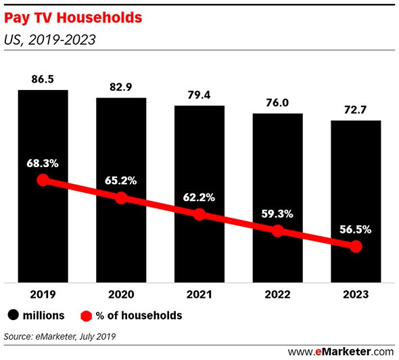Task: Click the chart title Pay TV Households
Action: click(73, 18)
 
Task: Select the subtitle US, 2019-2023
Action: click(50, 40)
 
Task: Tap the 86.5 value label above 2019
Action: click(43, 79)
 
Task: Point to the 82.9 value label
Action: click(121, 87)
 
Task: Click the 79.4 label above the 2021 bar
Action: click(199, 95)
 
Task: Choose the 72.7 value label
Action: click(356, 110)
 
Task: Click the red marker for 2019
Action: click(43, 180)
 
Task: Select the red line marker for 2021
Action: click(199, 215)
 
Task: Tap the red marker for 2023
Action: click(356, 246)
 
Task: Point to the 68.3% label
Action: click(43, 164)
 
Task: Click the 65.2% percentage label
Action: click(121, 181)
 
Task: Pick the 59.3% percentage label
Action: click(277, 214)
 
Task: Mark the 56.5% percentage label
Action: click(356, 229)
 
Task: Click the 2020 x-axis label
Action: click(121, 294)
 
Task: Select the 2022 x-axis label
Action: click(278, 294)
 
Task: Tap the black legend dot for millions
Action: click(13, 315)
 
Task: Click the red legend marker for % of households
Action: click(86, 316)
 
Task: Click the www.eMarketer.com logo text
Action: click(341, 352)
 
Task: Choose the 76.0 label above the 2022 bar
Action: click(277, 103)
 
